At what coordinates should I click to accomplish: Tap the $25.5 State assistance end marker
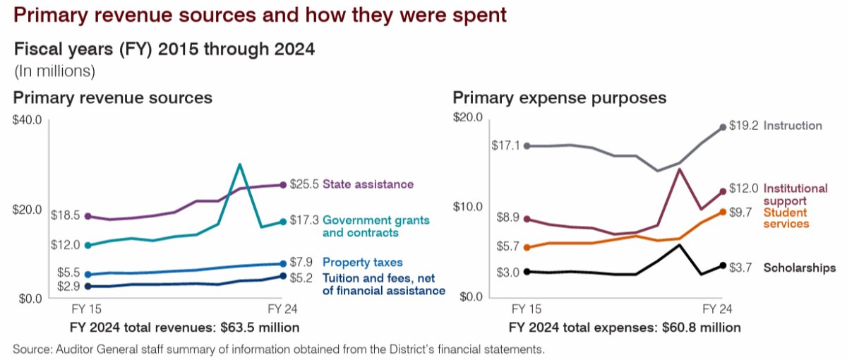(x=283, y=185)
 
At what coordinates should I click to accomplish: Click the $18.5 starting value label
(x=66, y=215)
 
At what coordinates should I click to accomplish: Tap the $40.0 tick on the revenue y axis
(x=27, y=120)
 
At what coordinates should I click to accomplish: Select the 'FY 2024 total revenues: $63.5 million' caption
(x=184, y=328)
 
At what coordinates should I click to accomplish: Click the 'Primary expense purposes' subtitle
(x=560, y=97)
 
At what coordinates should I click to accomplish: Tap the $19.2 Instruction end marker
(x=722, y=127)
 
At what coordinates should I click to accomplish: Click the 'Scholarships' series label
(x=800, y=268)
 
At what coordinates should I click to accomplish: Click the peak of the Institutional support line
(x=679, y=169)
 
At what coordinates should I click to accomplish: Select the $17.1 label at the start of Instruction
(x=505, y=145)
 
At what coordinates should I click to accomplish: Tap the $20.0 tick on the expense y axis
(x=467, y=118)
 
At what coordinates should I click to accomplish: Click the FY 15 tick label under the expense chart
(x=526, y=310)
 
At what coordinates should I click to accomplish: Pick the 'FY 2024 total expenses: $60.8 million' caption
(x=623, y=328)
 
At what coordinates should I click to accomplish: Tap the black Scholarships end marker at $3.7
(x=722, y=265)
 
